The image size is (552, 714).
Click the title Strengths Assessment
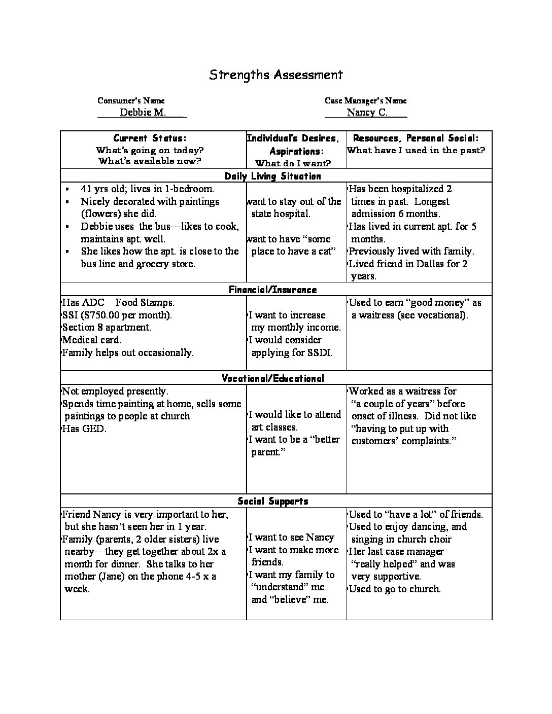coord(276,75)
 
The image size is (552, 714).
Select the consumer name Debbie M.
coord(143,113)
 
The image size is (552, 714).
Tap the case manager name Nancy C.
coord(367,113)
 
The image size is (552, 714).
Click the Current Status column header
coord(150,138)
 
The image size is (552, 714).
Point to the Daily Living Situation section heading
coord(273,176)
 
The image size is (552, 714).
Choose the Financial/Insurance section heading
coord(273,290)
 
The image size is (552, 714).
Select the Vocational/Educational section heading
coord(273,379)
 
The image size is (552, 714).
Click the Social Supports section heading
coord(273,502)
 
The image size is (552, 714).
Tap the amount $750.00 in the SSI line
coord(99,315)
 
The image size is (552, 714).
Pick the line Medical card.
coord(91,340)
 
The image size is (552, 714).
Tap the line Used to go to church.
coord(395,589)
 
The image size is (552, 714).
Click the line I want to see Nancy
coord(292,538)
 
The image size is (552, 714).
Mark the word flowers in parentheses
coord(100,214)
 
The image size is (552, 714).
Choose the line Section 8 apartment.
coord(107,328)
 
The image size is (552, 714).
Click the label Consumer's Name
coord(131,101)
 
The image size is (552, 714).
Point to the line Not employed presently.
coord(115,391)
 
